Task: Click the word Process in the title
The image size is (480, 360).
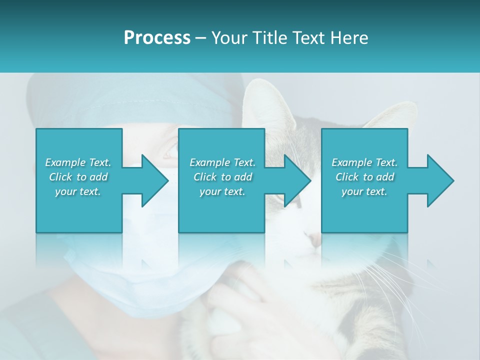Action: pyautogui.click(x=157, y=38)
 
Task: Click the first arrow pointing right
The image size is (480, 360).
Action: pyautogui.click(x=150, y=180)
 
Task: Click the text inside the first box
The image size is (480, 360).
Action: pyautogui.click(x=78, y=177)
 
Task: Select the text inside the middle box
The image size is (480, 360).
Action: pyautogui.click(x=222, y=177)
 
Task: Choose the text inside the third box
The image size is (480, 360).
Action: pyautogui.click(x=364, y=177)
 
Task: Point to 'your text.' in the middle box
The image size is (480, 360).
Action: pyautogui.click(x=222, y=191)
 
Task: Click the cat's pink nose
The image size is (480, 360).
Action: pyautogui.click(x=314, y=240)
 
